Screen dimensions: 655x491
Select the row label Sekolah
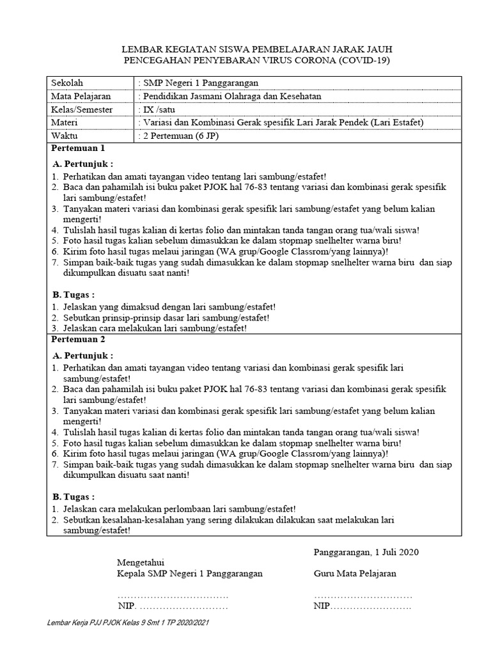pyautogui.click(x=68, y=83)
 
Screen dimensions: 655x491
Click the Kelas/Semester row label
pyautogui.click(x=82, y=109)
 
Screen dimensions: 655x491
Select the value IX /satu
pyautogui.click(x=157, y=109)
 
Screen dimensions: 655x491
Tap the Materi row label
pyautogui.click(x=66, y=123)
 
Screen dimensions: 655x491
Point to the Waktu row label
pyautogui.click(x=65, y=136)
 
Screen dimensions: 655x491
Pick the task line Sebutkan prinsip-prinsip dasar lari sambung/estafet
pyautogui.click(x=166, y=317)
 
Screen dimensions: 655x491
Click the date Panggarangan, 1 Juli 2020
pyautogui.click(x=366, y=551)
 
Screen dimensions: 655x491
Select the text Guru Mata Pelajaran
pyautogui.click(x=355, y=573)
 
